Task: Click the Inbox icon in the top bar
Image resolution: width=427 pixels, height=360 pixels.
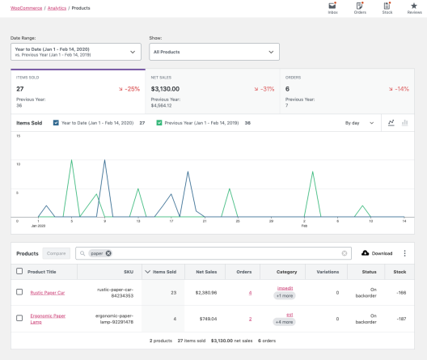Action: pyautogui.click(x=332, y=6)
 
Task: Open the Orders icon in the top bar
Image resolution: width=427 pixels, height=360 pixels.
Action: pyautogui.click(x=360, y=6)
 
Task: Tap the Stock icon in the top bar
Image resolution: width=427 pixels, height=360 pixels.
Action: pyautogui.click(x=387, y=6)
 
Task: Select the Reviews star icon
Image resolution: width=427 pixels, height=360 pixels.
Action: pyautogui.click(x=413, y=6)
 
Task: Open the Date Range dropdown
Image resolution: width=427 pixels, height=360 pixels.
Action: pyautogui.click(x=76, y=52)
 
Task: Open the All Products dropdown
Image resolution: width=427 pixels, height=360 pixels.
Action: pyautogui.click(x=214, y=52)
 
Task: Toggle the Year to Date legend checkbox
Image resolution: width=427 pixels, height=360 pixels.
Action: pyautogui.click(x=56, y=123)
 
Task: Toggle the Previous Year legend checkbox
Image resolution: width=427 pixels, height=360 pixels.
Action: pyautogui.click(x=159, y=123)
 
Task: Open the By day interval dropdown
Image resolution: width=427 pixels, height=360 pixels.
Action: pyautogui.click(x=358, y=123)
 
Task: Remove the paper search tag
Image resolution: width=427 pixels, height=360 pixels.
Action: pyautogui.click(x=108, y=253)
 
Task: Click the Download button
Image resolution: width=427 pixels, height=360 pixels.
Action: pyautogui.click(x=377, y=253)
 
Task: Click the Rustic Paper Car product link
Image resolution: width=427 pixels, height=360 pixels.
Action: pyautogui.click(x=47, y=292)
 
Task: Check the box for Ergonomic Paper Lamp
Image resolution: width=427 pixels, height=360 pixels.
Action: pyautogui.click(x=19, y=319)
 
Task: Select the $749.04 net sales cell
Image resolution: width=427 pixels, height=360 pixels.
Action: pyautogui.click(x=207, y=319)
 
